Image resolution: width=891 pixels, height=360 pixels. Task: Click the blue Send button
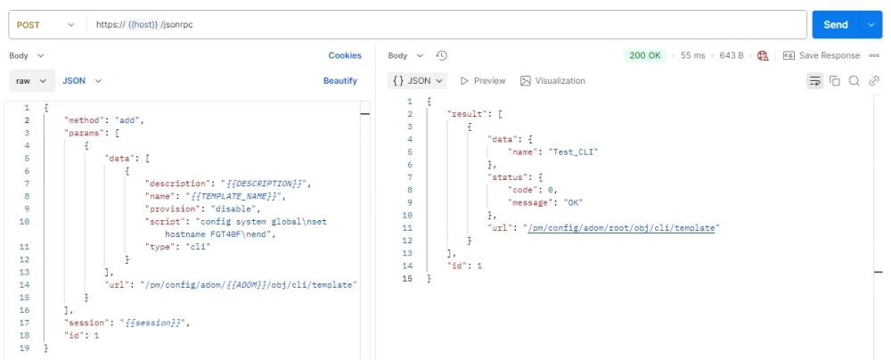[x=836, y=24]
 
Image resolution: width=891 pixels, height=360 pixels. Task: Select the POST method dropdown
[x=45, y=24]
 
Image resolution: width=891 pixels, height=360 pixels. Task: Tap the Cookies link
[x=344, y=55]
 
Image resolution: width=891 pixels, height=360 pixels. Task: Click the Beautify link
[x=340, y=81]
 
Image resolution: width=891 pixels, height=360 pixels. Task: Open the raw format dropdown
[x=32, y=81]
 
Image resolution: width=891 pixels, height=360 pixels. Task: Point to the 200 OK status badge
[x=645, y=55]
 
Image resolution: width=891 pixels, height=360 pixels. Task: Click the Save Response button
[x=822, y=55]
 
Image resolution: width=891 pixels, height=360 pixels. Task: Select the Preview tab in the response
[x=482, y=81]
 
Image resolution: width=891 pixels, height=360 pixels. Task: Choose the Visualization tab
[x=553, y=81]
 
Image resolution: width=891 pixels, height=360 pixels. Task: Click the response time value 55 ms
[x=692, y=55]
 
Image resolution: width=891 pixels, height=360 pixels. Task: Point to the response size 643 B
[x=732, y=55]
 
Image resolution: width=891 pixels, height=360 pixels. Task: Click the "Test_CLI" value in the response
[x=574, y=151]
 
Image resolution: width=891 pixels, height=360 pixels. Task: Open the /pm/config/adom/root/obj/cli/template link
[x=621, y=227]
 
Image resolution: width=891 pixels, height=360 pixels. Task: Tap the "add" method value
[x=129, y=120]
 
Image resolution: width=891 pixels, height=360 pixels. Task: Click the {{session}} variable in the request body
[x=152, y=323]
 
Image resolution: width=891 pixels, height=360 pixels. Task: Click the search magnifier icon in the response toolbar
[x=854, y=81]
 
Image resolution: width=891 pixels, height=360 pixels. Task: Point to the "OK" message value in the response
[x=573, y=202]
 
